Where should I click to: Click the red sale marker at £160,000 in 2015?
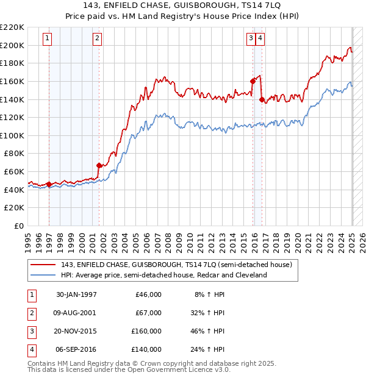point(253,80)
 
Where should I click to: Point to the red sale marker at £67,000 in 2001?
point(99,165)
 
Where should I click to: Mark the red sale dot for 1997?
point(49,184)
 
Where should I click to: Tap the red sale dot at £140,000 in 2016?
point(262,99)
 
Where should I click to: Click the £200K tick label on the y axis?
point(13,45)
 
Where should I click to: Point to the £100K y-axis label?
point(13,135)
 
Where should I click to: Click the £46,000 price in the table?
point(149,294)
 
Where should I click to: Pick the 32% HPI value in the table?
point(210,313)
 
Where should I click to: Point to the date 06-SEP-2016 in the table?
point(76,349)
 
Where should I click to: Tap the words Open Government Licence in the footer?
point(182,369)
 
